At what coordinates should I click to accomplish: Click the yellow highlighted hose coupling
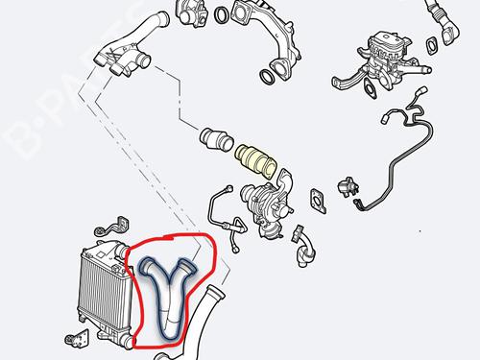pos(256,161)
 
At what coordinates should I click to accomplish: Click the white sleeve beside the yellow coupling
pos(216,139)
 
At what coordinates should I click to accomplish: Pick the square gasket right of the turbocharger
pos(318,201)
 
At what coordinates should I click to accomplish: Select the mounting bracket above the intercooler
pos(112,227)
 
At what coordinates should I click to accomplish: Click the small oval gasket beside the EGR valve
pos(432,45)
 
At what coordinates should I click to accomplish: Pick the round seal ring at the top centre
pos(222,15)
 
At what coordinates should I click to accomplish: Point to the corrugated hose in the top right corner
pos(444,21)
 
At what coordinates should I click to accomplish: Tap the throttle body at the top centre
pos(191,12)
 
